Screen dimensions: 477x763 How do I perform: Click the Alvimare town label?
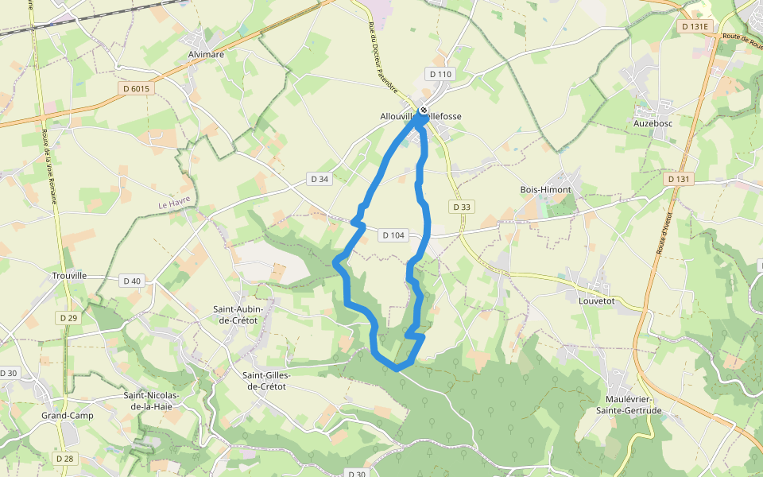point(207,55)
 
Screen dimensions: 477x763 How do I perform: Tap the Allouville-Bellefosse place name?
point(421,116)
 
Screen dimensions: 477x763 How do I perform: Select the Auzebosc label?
point(653,124)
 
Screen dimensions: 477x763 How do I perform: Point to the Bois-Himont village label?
point(545,190)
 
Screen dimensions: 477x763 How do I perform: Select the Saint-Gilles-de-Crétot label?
point(266,381)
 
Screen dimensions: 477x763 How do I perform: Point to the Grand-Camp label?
point(68,416)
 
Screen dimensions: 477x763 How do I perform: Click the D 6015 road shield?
point(137,88)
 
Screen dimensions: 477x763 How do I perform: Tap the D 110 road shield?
point(440,74)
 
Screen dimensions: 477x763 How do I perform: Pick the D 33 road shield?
point(462,207)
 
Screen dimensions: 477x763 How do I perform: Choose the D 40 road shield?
point(132,281)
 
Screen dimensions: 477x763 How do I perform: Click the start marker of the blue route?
point(424,110)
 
